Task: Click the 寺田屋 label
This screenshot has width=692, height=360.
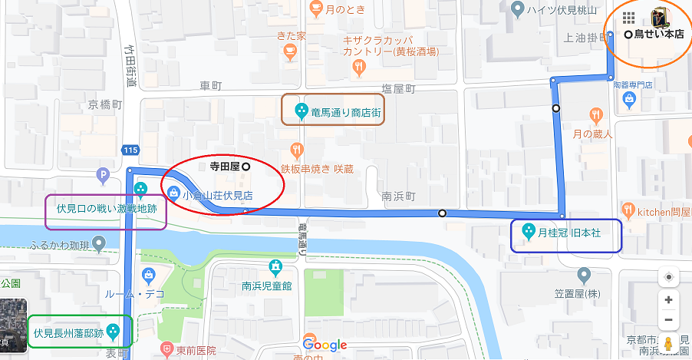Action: (x=225, y=165)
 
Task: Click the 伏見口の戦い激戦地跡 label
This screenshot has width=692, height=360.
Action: (x=106, y=208)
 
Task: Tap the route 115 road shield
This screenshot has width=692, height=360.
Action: (x=130, y=150)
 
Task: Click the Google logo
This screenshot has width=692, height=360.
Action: (x=325, y=345)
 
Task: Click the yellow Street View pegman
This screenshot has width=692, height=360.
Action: (x=668, y=343)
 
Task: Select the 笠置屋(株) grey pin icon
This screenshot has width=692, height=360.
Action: (x=585, y=274)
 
